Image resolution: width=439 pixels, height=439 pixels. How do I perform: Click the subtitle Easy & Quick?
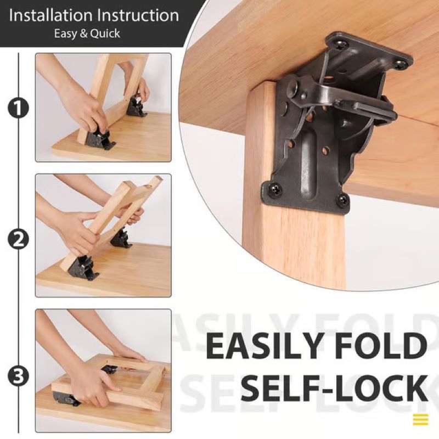click(87, 33)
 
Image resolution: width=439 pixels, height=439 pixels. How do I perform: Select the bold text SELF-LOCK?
click(334, 388)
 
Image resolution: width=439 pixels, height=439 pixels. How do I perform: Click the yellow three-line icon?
click(420, 420)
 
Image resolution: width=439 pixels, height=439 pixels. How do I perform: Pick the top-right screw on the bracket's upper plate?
click(402, 65)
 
